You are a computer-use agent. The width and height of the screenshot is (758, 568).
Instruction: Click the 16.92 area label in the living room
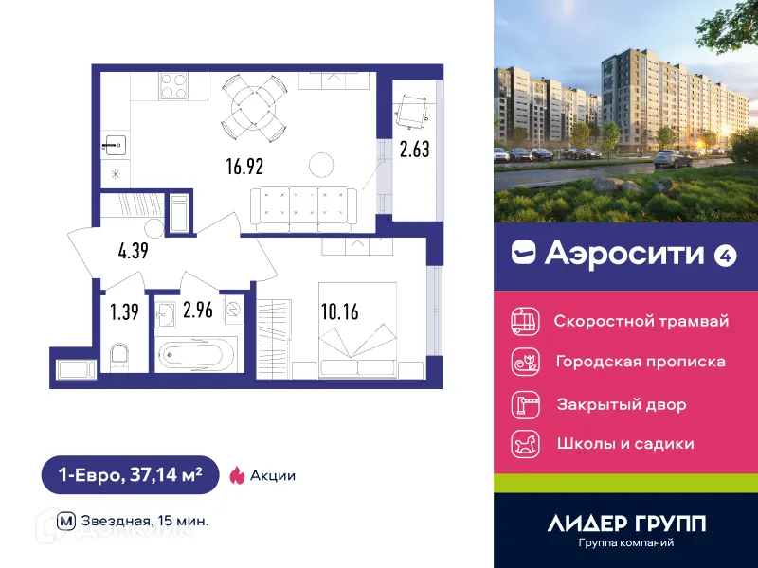pyautogui.click(x=244, y=167)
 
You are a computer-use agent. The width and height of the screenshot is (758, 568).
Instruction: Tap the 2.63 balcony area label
pyautogui.click(x=415, y=149)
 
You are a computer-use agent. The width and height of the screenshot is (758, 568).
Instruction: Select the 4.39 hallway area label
pyautogui.click(x=135, y=252)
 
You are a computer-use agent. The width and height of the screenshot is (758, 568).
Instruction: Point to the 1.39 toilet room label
pyautogui.click(x=125, y=311)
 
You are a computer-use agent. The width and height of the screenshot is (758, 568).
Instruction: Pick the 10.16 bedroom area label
pyautogui.click(x=340, y=311)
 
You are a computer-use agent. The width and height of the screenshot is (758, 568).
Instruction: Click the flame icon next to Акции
pyautogui.click(x=237, y=475)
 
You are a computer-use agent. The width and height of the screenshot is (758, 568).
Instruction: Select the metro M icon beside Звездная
pyautogui.click(x=66, y=521)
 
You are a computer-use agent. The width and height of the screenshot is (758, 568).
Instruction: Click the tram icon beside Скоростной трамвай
pyautogui.click(x=525, y=321)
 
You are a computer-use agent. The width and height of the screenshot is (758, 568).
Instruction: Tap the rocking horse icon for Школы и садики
pyautogui.click(x=525, y=443)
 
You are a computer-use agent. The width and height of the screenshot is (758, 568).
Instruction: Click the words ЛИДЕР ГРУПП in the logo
pyautogui.click(x=627, y=523)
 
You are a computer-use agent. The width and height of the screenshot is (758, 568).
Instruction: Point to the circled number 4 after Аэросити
pyautogui.click(x=725, y=254)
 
